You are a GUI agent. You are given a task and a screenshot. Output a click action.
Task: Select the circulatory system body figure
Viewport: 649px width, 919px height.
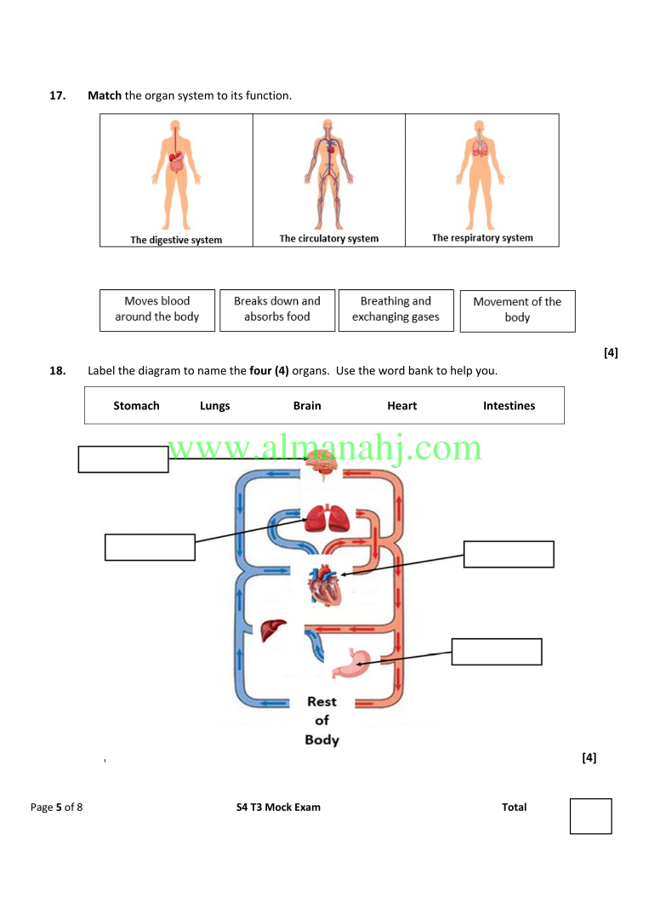(328, 174)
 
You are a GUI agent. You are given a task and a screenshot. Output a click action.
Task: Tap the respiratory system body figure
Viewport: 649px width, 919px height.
(480, 174)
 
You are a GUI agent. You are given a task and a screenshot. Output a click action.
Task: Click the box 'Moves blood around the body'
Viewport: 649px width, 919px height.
(157, 310)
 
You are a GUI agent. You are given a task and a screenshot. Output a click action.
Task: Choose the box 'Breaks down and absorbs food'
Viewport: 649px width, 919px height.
(277, 310)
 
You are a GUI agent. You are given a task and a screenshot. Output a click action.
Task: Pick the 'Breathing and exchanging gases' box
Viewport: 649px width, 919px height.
(396, 310)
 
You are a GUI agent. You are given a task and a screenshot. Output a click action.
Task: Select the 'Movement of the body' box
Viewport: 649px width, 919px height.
(517, 311)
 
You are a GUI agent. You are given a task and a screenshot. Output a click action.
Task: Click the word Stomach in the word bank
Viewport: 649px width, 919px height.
(136, 406)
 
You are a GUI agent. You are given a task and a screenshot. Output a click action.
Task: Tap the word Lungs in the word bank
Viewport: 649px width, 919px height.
(215, 406)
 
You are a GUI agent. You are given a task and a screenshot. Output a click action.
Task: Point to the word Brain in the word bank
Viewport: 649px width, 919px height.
(307, 406)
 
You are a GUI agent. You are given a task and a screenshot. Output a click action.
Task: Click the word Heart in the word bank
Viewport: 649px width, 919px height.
(401, 406)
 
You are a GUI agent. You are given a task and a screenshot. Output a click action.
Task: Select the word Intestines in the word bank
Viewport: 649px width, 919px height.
(509, 406)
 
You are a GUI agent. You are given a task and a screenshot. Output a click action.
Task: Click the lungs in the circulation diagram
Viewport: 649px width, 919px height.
(327, 518)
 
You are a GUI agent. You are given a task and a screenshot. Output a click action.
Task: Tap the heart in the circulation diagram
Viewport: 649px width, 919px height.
(325, 585)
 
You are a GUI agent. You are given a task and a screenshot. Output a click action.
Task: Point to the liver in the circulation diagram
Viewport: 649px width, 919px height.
(273, 630)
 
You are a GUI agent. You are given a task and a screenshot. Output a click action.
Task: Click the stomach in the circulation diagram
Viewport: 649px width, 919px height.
(351, 663)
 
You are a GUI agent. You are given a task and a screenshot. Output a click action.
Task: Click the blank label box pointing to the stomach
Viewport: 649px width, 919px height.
(497, 652)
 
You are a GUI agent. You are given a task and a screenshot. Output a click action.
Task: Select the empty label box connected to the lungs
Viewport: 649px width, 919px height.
(150, 547)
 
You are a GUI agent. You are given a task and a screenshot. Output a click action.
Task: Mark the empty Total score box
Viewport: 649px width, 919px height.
(591, 816)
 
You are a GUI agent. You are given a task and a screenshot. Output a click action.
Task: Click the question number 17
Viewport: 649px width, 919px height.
(57, 95)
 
